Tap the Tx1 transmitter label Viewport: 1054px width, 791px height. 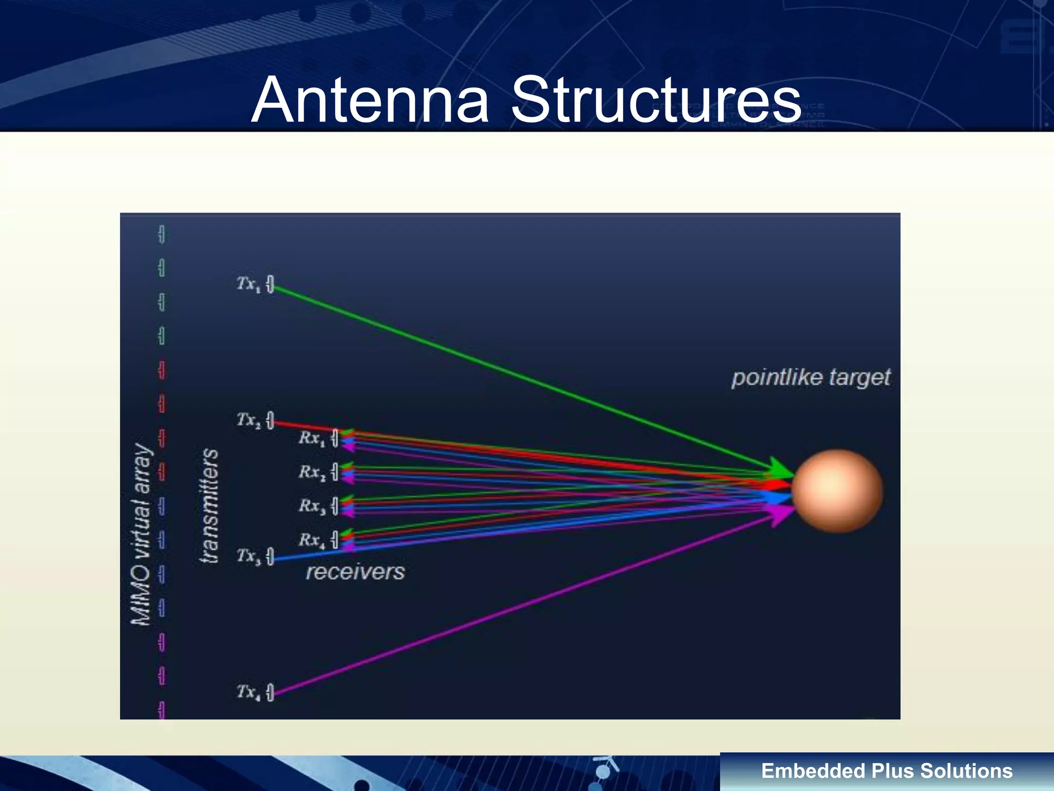249,283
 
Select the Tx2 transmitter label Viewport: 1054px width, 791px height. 249,420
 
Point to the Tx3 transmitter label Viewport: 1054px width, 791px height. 249,556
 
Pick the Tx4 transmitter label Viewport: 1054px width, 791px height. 249,692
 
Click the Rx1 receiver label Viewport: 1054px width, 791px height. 311,438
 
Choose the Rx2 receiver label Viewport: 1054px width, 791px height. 311,472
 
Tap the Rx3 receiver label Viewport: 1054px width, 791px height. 311,506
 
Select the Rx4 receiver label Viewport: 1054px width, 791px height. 311,540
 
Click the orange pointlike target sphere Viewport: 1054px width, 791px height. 837,490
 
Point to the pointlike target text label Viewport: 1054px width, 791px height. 811,377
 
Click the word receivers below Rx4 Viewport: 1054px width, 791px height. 355,572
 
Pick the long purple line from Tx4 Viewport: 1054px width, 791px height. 515,608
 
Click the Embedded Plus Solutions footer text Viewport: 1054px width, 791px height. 887,771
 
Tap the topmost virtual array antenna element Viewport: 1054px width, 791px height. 162,234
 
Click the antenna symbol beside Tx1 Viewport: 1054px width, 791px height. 270,284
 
